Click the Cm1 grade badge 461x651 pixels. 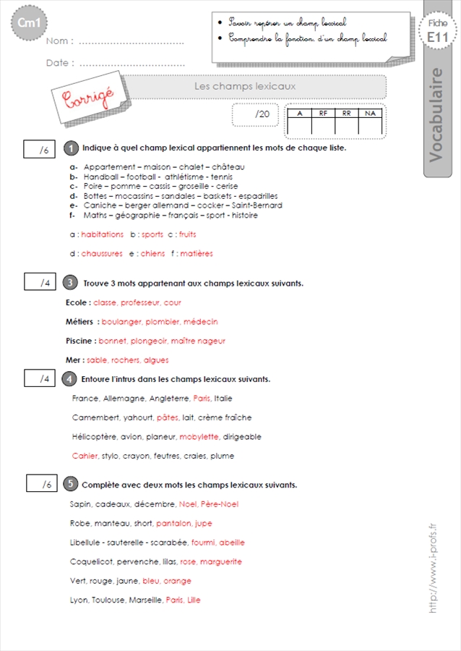(x=29, y=23)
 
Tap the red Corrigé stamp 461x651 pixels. (x=88, y=98)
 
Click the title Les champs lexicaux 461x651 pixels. (x=245, y=86)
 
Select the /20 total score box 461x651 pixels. (x=255, y=114)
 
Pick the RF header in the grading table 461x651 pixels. (x=323, y=113)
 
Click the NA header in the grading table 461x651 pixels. (x=370, y=113)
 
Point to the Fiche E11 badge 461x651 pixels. (x=438, y=31)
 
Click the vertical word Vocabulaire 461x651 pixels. (x=436, y=115)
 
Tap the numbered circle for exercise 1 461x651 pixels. (x=71, y=148)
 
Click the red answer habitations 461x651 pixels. (x=103, y=234)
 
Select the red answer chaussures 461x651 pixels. (x=102, y=254)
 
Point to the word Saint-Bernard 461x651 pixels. (x=257, y=205)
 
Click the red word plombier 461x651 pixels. (x=163, y=322)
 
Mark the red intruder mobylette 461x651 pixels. (x=199, y=437)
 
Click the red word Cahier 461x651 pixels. (x=85, y=456)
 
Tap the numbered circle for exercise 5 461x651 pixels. (x=70, y=484)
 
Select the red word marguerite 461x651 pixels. (x=221, y=562)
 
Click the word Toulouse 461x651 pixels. (x=109, y=600)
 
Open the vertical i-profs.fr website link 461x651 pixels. (x=433, y=568)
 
